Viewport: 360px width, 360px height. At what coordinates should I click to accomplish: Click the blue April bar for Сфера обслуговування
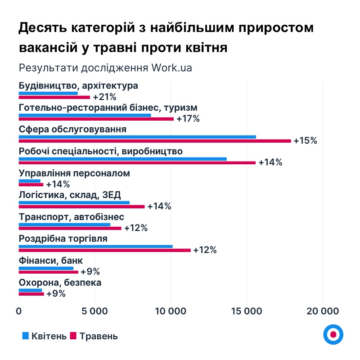pyautogui.click(x=137, y=137)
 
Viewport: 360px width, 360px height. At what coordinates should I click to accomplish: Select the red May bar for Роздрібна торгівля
pyautogui.click(x=105, y=250)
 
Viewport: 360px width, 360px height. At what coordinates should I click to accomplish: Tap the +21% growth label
pyautogui.click(x=104, y=97)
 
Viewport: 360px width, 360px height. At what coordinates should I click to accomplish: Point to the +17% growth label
pyautogui.click(x=188, y=119)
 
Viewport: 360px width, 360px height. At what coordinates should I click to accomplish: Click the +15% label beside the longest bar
pyautogui.click(x=305, y=141)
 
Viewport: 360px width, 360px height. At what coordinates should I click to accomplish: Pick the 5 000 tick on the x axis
pyautogui.click(x=95, y=311)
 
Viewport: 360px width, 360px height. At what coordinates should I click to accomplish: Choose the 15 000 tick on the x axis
pyautogui.click(x=247, y=311)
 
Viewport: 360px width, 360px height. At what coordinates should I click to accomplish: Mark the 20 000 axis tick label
pyautogui.click(x=323, y=311)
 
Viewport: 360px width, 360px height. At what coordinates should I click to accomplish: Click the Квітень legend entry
pyautogui.click(x=45, y=336)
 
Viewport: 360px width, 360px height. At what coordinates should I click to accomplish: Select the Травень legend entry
pyautogui.click(x=94, y=336)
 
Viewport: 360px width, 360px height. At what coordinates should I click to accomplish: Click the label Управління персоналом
pyautogui.click(x=74, y=173)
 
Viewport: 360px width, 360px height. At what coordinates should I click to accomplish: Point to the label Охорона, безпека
pyautogui.click(x=60, y=283)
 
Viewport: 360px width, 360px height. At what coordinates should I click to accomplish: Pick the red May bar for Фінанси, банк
pyautogui.click(x=49, y=272)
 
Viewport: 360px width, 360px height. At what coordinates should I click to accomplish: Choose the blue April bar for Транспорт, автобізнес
pyautogui.click(x=64, y=225)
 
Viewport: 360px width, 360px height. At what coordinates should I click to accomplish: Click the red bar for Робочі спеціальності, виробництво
pyautogui.click(x=137, y=163)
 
